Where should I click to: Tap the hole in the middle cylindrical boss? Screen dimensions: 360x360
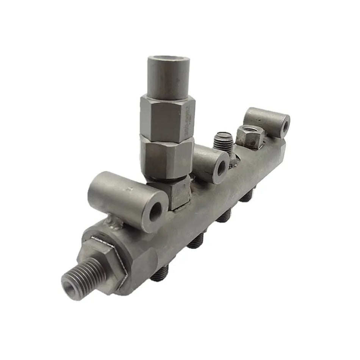click(x=221, y=169)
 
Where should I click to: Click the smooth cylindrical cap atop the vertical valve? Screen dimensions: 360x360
click(x=169, y=78)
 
